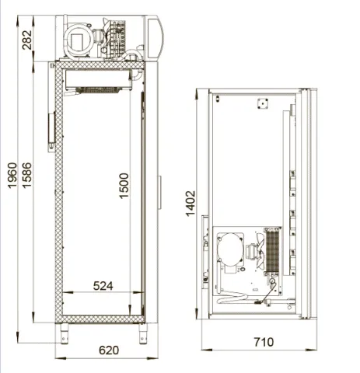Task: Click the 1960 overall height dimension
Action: coord(12,176)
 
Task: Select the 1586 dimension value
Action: coord(26,176)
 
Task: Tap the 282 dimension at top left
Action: coord(26,40)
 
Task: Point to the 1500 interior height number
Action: coord(124,186)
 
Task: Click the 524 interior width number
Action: coord(103,286)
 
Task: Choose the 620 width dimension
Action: coord(109,350)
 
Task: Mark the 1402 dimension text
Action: coord(190,204)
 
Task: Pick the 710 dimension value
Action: coord(264,342)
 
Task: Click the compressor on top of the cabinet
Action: coord(78,40)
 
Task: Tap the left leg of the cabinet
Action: coord(65,333)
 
